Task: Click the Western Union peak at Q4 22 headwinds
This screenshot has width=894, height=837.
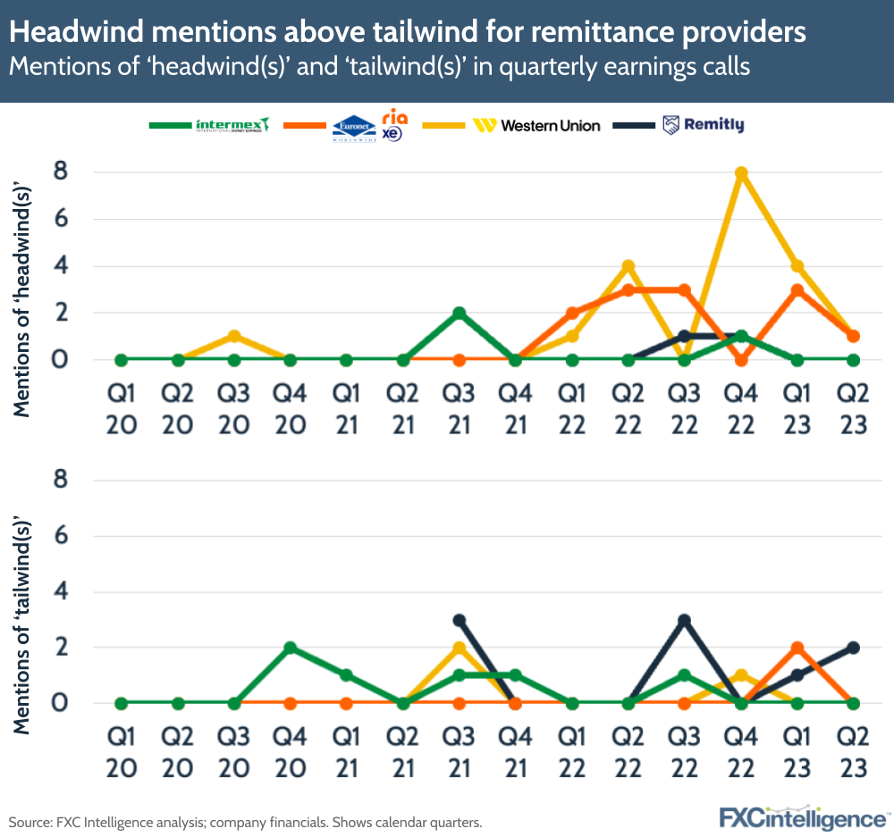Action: point(740,172)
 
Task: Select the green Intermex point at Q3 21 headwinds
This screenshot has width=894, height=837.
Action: point(459,314)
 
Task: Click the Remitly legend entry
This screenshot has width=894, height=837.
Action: point(704,125)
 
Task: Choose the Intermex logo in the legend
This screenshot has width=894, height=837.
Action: point(232,125)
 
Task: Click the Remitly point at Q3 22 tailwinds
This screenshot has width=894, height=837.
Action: point(684,619)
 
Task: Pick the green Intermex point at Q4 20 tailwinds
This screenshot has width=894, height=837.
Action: point(290,648)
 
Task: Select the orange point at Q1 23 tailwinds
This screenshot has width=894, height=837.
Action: point(797,648)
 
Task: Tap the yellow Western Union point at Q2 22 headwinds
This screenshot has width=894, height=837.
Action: point(628,266)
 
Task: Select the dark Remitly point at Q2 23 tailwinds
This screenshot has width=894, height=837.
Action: point(853,648)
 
